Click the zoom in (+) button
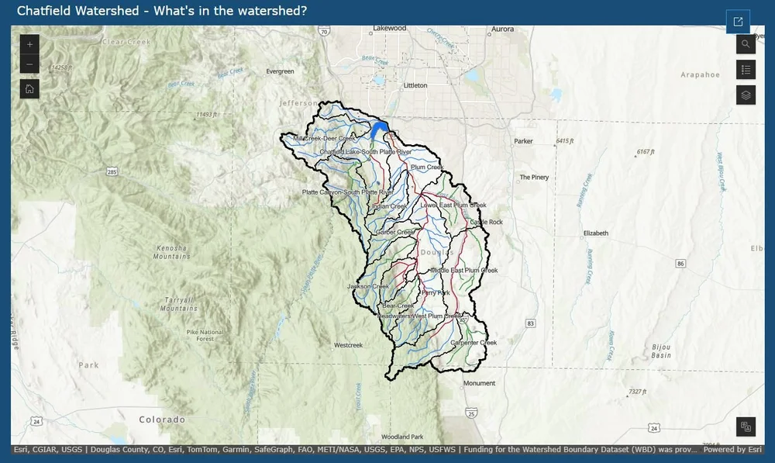tap(29, 44)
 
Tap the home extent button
tap(29, 88)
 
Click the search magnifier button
tap(746, 44)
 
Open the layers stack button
tap(746, 95)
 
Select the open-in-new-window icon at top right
tap(738, 22)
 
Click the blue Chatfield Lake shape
tap(379, 129)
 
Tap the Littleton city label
tap(415, 85)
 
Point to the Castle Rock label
tap(486, 222)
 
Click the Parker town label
tap(524, 141)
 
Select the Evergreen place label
tap(280, 71)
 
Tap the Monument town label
tap(478, 383)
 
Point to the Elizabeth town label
tap(596, 233)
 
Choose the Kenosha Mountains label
tap(172, 251)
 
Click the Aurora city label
tap(502, 29)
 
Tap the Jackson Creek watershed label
tap(367, 286)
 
